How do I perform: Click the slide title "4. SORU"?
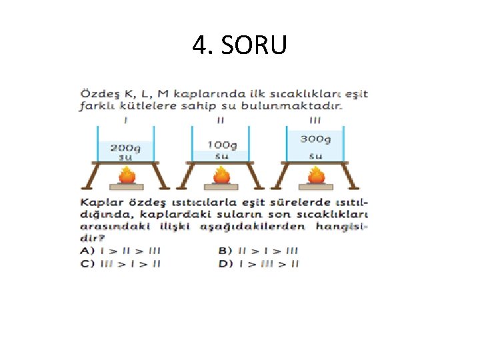[239, 45]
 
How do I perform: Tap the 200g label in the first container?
[125, 147]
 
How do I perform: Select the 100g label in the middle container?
[222, 145]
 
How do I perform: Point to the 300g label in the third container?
[315, 139]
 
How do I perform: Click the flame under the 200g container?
[127, 175]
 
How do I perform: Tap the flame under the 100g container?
[221, 175]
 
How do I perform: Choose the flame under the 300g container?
[317, 175]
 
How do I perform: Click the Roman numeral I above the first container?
[126, 121]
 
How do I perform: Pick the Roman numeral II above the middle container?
[221, 121]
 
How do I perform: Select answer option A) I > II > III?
[120, 251]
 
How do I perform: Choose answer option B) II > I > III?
[258, 251]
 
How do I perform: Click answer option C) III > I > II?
[120, 263]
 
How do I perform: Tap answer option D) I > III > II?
[258, 263]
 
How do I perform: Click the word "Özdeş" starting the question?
[98, 94]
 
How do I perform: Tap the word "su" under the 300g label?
[316, 156]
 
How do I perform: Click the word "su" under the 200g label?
[125, 157]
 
